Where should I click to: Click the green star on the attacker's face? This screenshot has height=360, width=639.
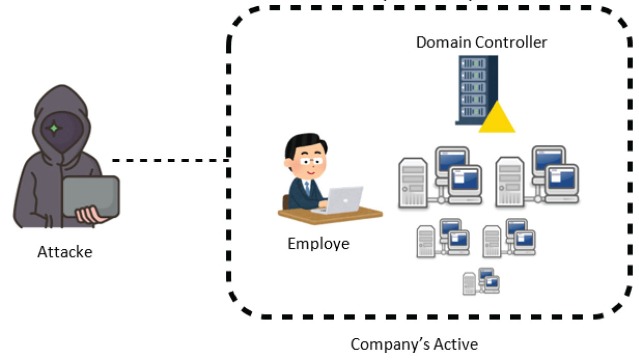click(x=54, y=127)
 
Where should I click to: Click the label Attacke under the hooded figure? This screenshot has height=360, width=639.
click(x=65, y=252)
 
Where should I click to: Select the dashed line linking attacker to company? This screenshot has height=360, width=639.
click(x=171, y=160)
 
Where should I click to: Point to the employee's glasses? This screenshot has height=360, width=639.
click(x=309, y=160)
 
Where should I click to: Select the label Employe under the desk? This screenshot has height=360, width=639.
click(x=318, y=243)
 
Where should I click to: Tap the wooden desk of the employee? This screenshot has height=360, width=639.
click(x=331, y=217)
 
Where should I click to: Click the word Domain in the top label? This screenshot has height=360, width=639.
click(x=443, y=42)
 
